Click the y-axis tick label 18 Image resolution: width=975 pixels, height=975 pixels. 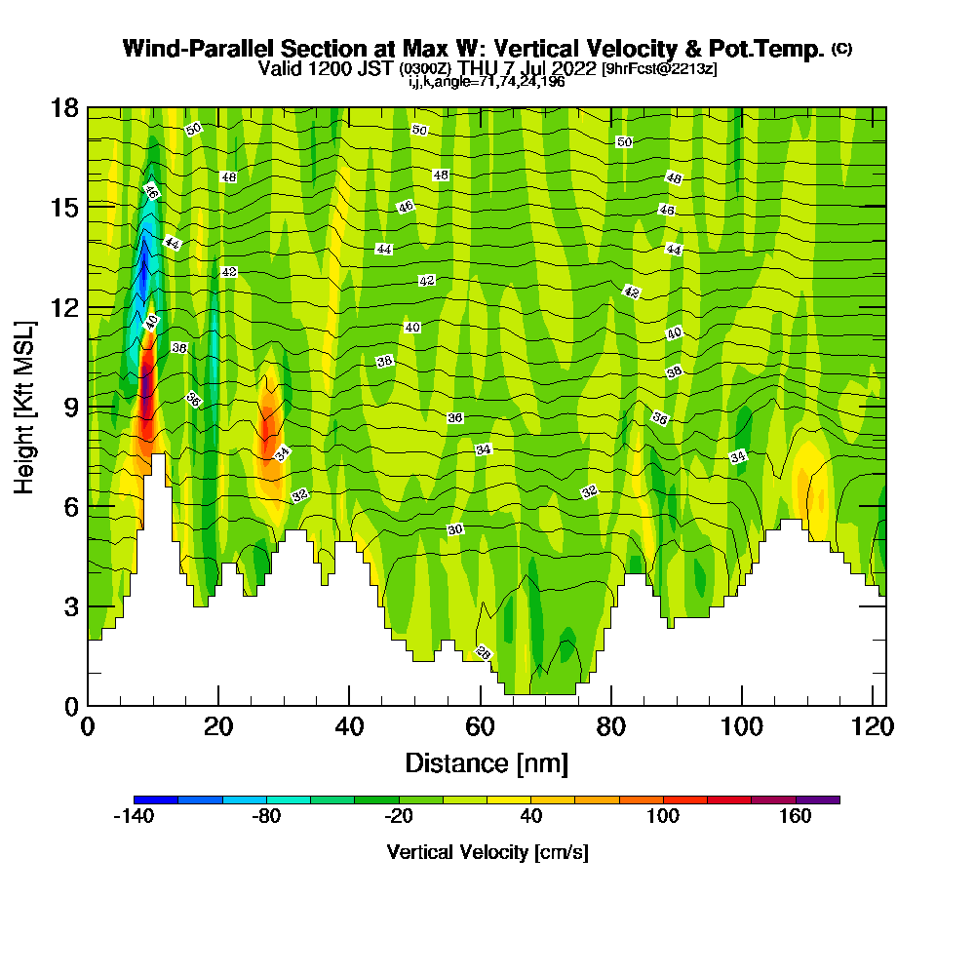coord(64,107)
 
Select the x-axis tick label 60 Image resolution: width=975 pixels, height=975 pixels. coord(480,726)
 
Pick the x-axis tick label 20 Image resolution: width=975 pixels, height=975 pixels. coord(218,726)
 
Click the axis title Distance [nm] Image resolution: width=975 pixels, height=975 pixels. coord(487,762)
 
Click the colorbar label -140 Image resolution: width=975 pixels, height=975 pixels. coord(134,817)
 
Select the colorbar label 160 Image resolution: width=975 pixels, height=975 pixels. coord(796,817)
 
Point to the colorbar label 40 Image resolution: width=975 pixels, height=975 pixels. coord(531,817)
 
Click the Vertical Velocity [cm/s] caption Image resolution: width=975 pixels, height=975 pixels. coord(487,852)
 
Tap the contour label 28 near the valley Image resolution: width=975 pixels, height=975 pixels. coord(483,652)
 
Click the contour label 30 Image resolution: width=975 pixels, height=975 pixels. coord(454,529)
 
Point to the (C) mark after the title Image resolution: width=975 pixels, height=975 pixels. coord(841,49)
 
